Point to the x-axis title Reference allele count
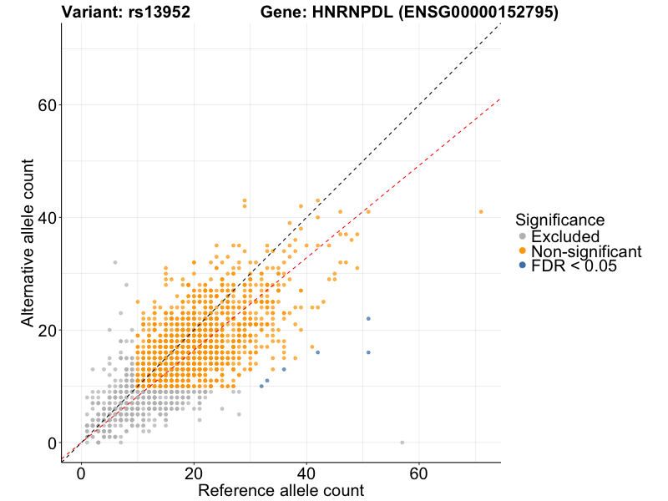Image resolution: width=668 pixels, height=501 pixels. pos(281,490)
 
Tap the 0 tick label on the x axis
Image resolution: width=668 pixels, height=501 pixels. pos(81,473)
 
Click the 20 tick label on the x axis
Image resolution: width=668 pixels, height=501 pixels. pos(194,473)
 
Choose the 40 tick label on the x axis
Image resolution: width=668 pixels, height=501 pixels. pos(306,473)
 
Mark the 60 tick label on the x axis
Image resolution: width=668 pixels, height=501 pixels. pos(419,473)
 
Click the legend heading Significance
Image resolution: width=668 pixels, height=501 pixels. pos(559,220)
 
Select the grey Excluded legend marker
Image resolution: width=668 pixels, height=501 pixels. pos(523,236)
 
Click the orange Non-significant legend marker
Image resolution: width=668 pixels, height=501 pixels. pos(523,251)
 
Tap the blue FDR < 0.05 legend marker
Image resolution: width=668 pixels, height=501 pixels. pos(523,266)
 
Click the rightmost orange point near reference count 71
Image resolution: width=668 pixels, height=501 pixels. pos(481,211)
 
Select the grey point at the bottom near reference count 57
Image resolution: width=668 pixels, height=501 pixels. pos(402,443)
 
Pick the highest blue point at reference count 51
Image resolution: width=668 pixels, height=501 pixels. pos(368,319)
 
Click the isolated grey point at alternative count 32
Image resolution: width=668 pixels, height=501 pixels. pos(115,262)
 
